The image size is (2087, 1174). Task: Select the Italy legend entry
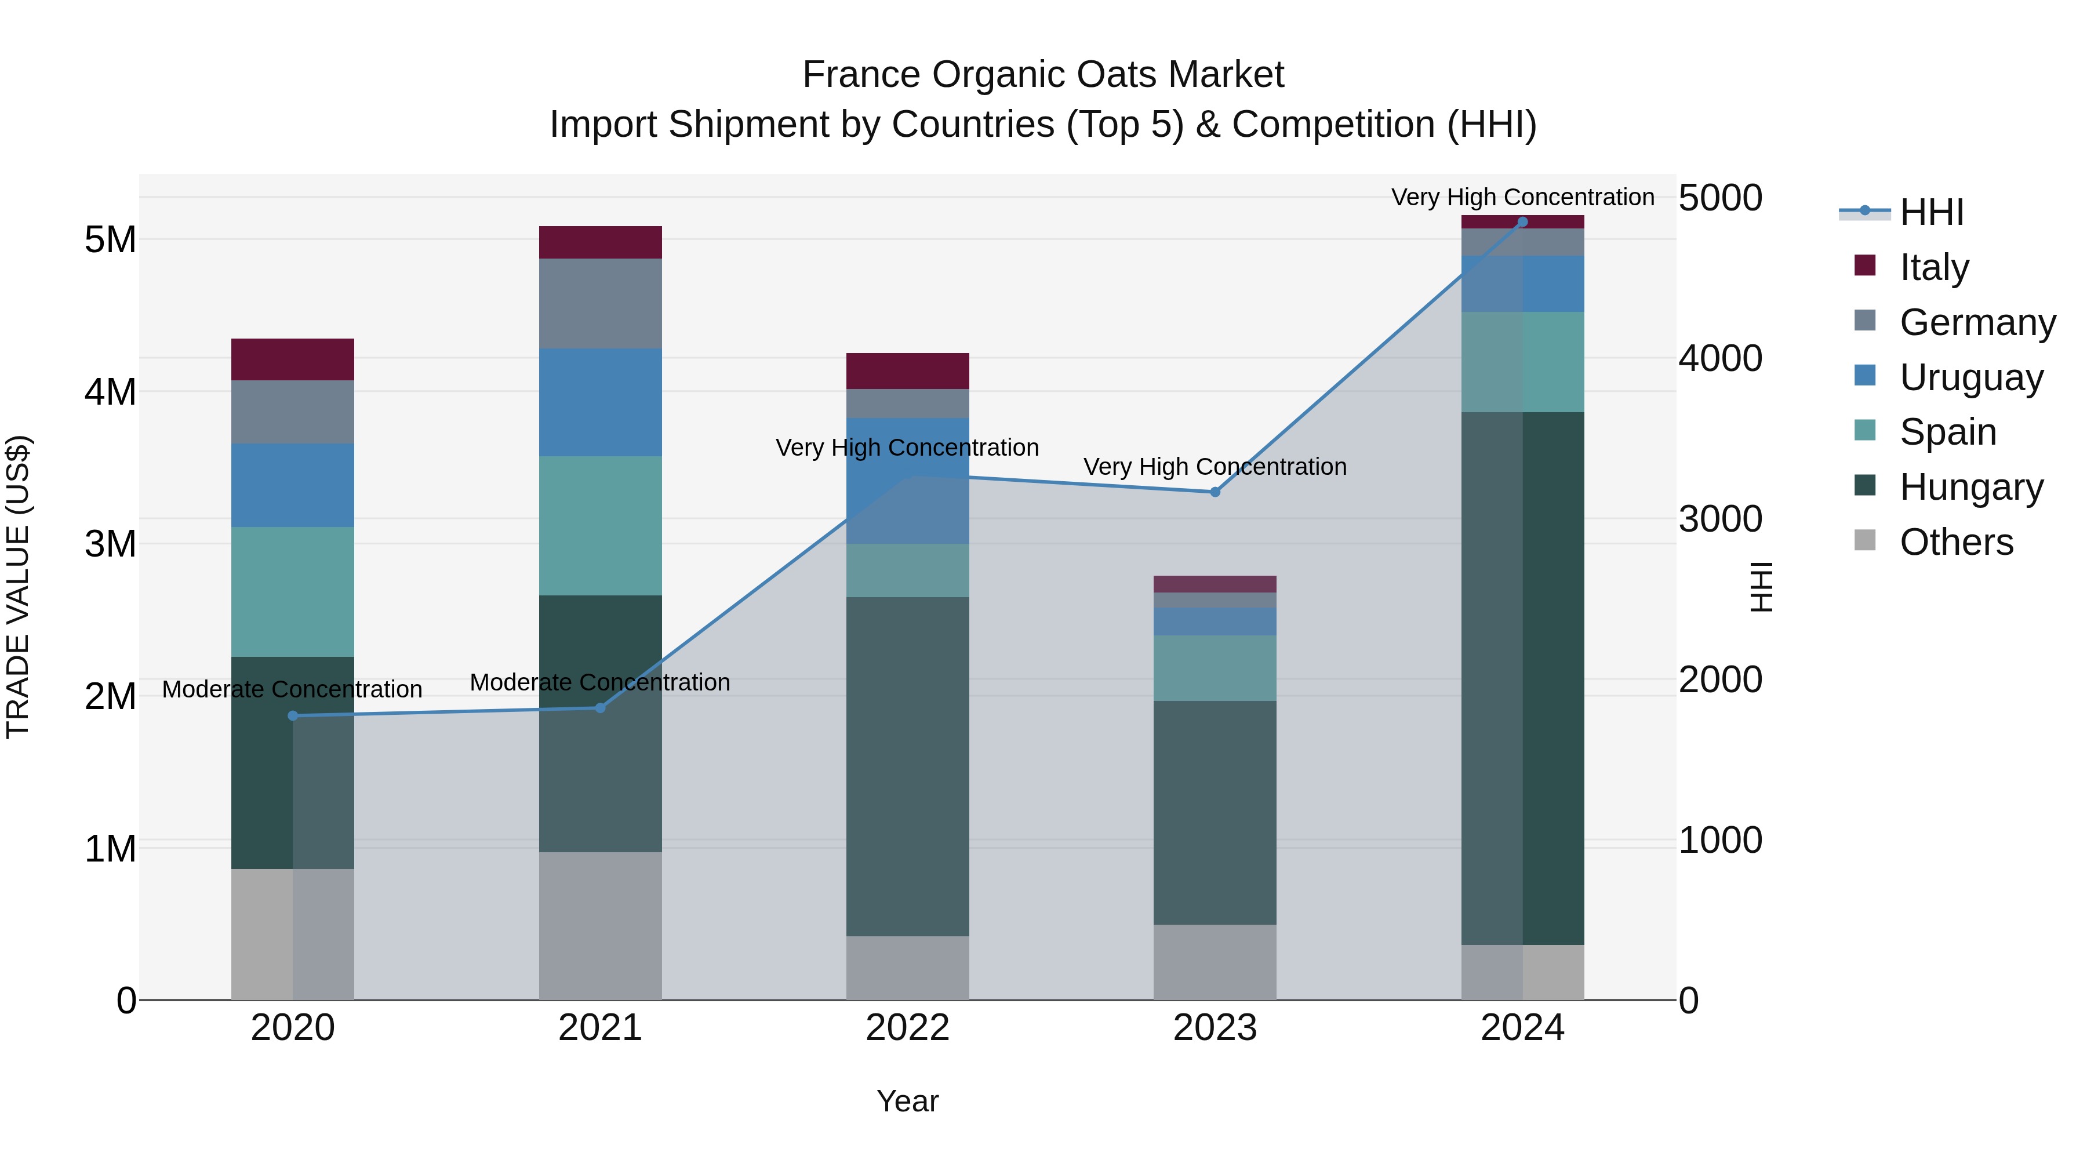pos(1934,267)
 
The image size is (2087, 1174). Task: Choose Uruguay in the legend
pos(1970,377)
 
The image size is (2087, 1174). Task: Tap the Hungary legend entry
pos(1970,487)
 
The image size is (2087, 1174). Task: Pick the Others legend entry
pos(1956,542)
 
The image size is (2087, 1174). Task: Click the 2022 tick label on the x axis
pos(907,1028)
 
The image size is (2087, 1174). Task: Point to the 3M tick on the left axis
pos(110,544)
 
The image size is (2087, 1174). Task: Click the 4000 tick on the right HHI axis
pos(1719,358)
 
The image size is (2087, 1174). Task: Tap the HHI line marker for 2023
pos(1215,492)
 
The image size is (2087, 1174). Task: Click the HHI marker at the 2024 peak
pos(1522,222)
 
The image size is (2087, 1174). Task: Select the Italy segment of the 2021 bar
pos(601,242)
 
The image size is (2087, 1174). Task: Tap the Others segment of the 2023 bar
pos(1215,962)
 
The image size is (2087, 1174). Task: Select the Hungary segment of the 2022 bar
pos(907,766)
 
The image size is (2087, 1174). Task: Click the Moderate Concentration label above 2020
pos(293,689)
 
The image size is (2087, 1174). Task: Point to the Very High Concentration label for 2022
pos(907,448)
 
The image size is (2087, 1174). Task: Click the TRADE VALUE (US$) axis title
pos(18,587)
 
